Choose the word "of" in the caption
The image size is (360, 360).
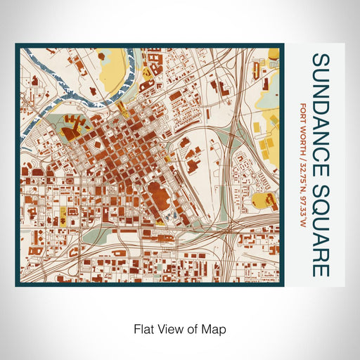tap(191, 328)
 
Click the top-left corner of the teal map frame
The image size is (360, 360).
tap(18, 46)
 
